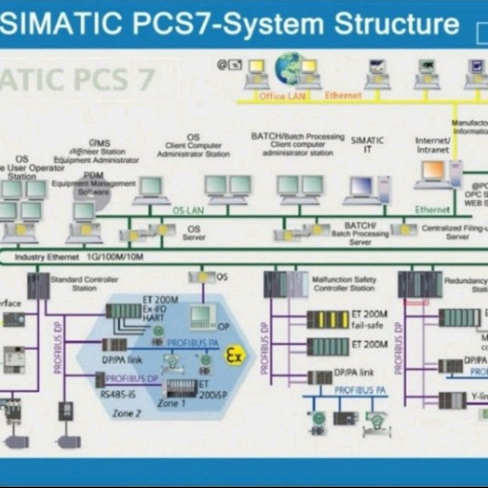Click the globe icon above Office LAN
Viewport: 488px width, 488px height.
289,68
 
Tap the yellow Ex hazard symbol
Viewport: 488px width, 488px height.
235,356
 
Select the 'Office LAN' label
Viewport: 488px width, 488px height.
282,96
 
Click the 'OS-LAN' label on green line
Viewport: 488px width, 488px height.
188,210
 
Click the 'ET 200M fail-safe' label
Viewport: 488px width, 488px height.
369,319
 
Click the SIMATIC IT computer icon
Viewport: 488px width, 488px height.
362,188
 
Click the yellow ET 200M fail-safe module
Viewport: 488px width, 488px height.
328,320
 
